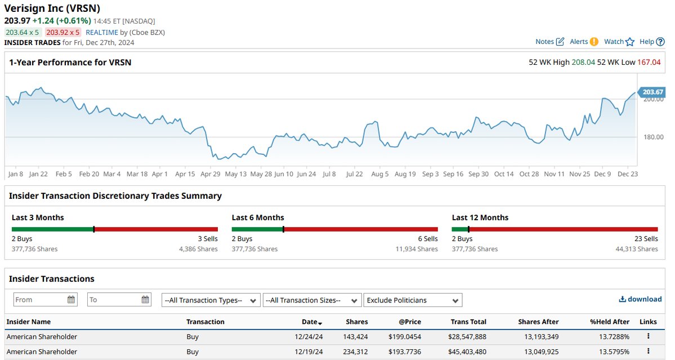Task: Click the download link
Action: click(640, 299)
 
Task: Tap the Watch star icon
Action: click(630, 42)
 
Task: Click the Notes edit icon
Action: click(560, 42)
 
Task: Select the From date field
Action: click(45, 300)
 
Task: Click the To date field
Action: click(119, 300)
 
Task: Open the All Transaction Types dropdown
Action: click(211, 300)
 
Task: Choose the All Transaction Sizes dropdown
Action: click(312, 300)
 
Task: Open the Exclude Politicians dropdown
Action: click(413, 300)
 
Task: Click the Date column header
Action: click(312, 322)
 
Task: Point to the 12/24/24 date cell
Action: click(309, 337)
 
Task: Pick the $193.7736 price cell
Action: click(405, 352)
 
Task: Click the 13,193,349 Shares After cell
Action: click(541, 337)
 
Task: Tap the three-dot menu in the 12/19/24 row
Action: click(649, 351)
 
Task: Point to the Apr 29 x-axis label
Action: click(211, 174)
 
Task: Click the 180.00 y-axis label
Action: click(654, 137)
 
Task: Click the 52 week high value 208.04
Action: click(583, 62)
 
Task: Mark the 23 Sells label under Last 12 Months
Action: click(646, 238)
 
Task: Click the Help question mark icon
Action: click(660, 42)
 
